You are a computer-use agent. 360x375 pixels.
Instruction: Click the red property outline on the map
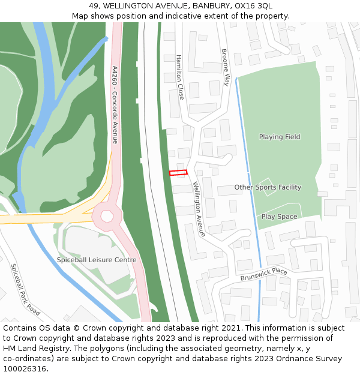pos(178,173)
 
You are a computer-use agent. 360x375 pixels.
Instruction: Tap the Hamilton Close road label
pos(180,77)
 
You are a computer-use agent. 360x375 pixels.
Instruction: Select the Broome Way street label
pos(226,67)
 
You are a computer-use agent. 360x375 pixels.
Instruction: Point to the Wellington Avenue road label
pos(199,209)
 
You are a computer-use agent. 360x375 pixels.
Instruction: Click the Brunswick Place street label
pos(264,274)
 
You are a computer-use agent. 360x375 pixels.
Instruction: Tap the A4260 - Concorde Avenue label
pos(115,104)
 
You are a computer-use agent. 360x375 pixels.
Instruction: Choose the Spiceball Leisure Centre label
pos(97,260)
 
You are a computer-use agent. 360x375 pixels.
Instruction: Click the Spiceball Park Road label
pos(25,290)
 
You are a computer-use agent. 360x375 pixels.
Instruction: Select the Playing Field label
pos(280,137)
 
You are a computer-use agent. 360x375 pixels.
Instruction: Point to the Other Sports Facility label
pos(268,187)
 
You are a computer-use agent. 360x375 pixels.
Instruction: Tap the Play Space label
pos(279,217)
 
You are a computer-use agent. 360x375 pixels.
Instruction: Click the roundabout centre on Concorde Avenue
pos(107,215)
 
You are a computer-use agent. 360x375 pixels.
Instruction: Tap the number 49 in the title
pos(94,5)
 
